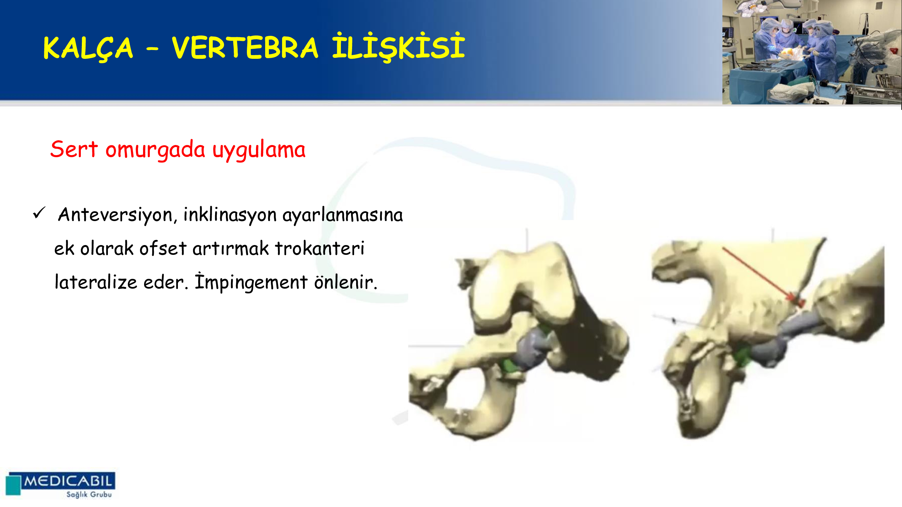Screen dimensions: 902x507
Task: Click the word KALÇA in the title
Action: tap(88, 48)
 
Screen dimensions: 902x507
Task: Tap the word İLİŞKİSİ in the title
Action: tap(398, 47)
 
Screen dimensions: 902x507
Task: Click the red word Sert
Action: tap(74, 149)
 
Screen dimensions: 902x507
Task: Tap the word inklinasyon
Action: tap(230, 215)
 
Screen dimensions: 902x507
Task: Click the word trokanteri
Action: tap(320, 248)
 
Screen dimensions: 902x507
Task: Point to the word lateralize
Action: tap(96, 282)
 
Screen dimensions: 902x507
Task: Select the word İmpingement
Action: tap(251, 282)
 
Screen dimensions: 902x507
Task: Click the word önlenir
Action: tap(346, 282)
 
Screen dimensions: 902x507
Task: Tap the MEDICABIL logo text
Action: tap(68, 481)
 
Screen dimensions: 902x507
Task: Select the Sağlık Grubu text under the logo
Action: tap(89, 494)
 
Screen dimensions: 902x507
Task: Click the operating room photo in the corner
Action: tap(812, 52)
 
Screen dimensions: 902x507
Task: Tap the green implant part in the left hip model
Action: tap(509, 366)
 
